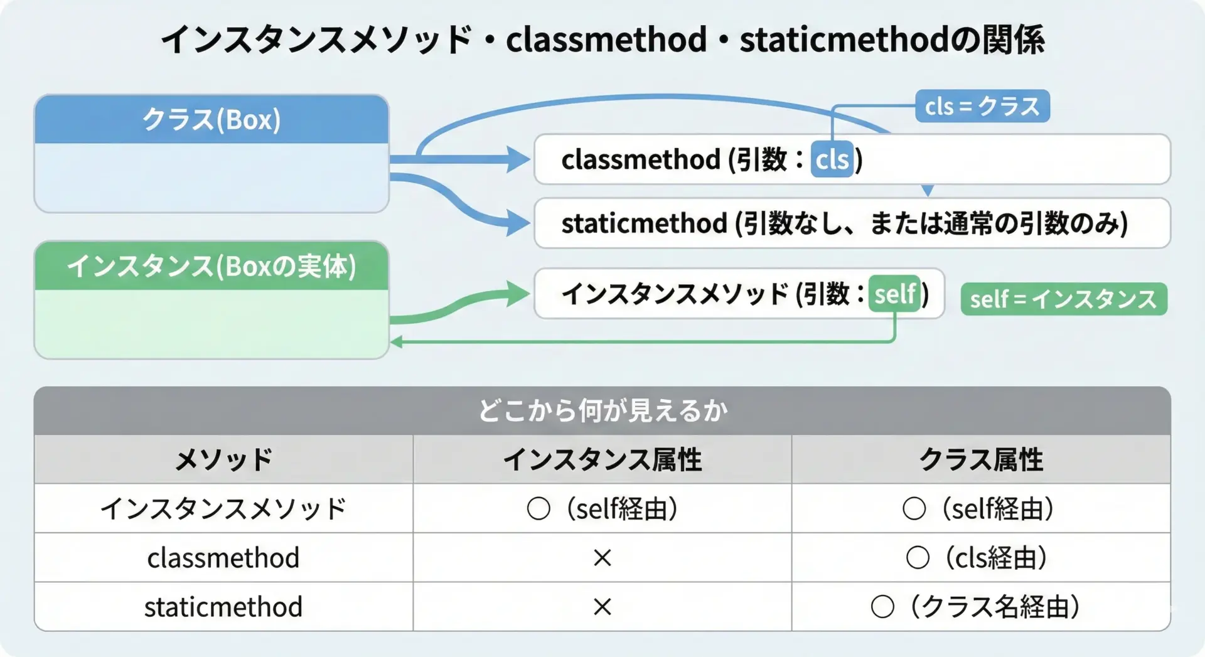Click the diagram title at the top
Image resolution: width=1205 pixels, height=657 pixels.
602,39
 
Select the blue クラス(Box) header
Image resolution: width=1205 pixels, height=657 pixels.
212,119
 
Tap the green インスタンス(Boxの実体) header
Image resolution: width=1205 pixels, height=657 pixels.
212,265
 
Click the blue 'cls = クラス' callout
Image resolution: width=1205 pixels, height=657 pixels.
982,106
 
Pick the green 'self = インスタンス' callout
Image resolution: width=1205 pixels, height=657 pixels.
1064,299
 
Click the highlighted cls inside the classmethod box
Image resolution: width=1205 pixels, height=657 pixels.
832,159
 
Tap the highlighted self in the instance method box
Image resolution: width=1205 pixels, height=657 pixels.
895,294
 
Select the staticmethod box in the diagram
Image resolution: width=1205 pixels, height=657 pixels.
852,223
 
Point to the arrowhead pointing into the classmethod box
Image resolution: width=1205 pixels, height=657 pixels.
518,159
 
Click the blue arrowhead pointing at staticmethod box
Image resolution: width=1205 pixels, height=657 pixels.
518,223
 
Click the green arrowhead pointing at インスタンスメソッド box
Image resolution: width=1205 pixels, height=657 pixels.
518,294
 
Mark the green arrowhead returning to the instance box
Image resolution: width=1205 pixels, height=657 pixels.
397,342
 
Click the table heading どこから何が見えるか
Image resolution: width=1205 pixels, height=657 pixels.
602,411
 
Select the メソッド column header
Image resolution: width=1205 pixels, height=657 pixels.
223,459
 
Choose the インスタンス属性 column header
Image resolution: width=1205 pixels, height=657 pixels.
602,459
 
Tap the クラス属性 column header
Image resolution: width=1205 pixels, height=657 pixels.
982,459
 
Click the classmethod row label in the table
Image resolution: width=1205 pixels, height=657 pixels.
223,558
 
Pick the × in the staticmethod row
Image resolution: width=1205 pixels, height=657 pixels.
602,607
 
